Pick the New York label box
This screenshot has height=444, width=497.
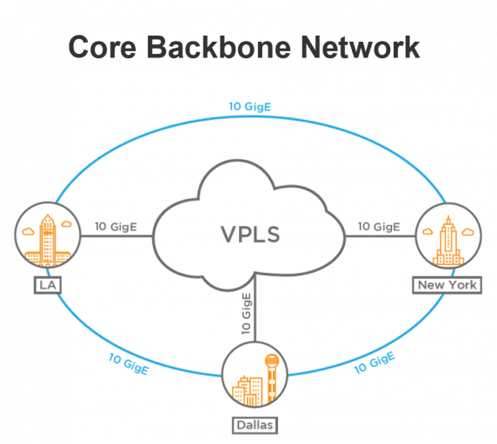pyautogui.click(x=446, y=284)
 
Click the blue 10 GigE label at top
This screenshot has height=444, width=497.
pyautogui.click(x=249, y=107)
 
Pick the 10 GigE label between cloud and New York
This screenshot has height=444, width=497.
pyautogui.click(x=380, y=227)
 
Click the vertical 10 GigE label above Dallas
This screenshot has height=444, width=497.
pyautogui.click(x=246, y=314)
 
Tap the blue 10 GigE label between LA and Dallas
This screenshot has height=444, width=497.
pyautogui.click(x=127, y=363)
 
